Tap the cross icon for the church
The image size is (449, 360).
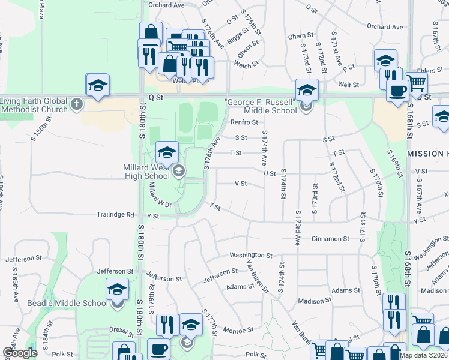click(76, 104)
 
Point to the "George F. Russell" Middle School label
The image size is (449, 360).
click(261, 106)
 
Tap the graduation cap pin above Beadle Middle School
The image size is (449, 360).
click(117, 289)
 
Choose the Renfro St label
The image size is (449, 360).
click(244, 122)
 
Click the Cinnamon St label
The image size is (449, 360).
click(330, 239)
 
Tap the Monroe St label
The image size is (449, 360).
click(238, 331)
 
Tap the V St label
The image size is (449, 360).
click(241, 184)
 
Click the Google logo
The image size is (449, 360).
click(20, 353)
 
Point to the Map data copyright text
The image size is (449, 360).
click(423, 355)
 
